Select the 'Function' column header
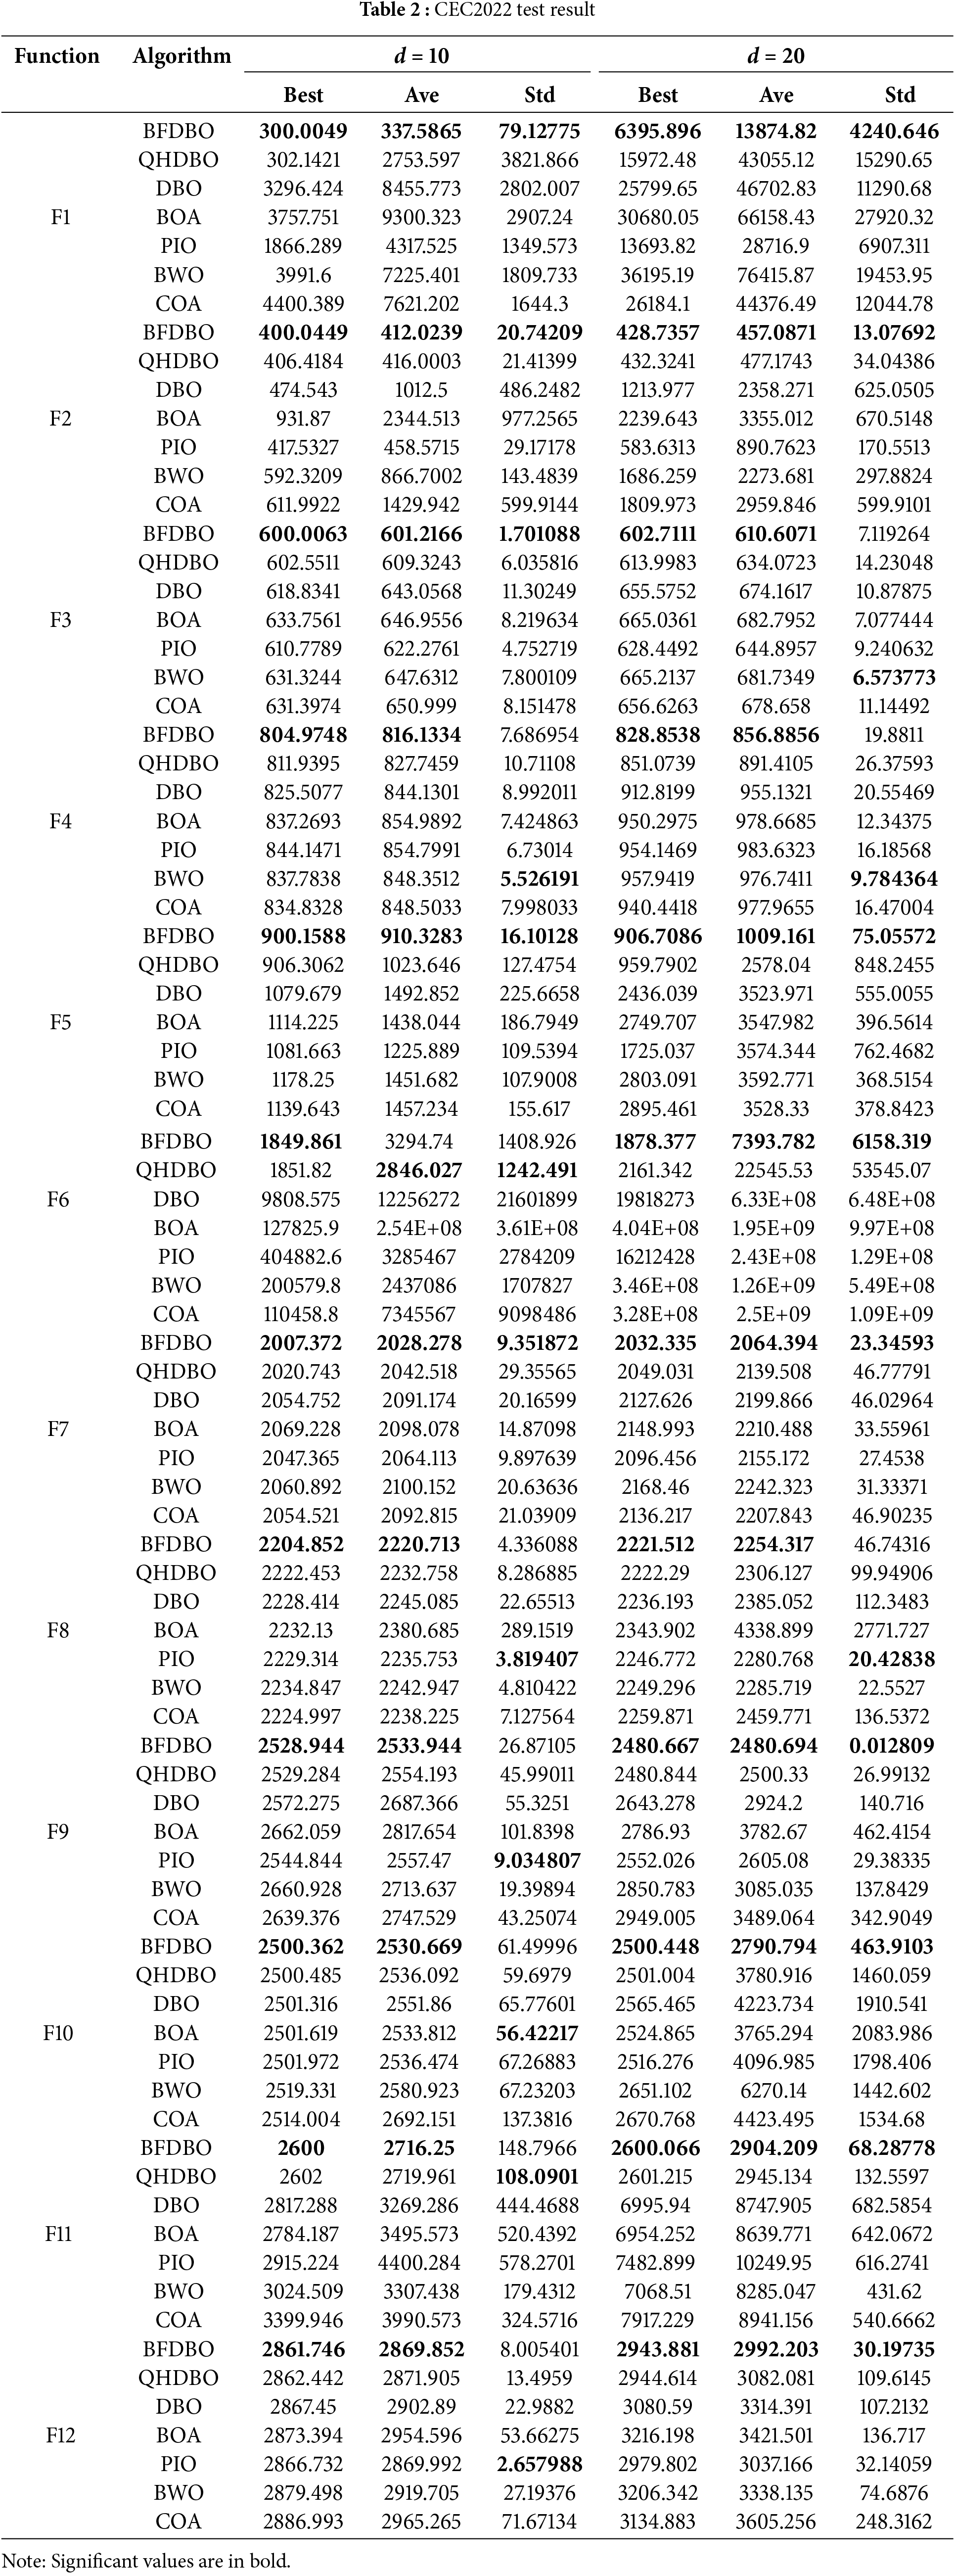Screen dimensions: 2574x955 [x=57, y=56]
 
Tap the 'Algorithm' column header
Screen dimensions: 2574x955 [x=182, y=56]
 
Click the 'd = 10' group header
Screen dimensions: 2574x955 [x=420, y=56]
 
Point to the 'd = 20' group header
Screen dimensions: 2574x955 [x=775, y=56]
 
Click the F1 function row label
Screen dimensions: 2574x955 [x=60, y=217]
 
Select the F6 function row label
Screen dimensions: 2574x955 [x=58, y=1199]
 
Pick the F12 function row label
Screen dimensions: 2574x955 [x=60, y=2435]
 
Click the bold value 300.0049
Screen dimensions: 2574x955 [x=303, y=131]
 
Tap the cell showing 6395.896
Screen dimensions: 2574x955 [x=657, y=131]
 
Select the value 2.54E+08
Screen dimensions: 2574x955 [x=420, y=1228]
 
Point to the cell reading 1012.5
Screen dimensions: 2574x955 [x=420, y=390]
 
